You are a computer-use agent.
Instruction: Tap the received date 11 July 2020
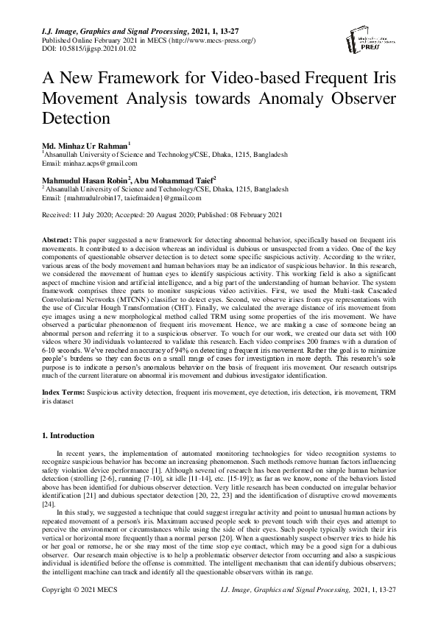pyautogui.click(x=94, y=214)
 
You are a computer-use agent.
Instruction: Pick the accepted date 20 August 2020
pyautogui.click(x=171, y=214)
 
